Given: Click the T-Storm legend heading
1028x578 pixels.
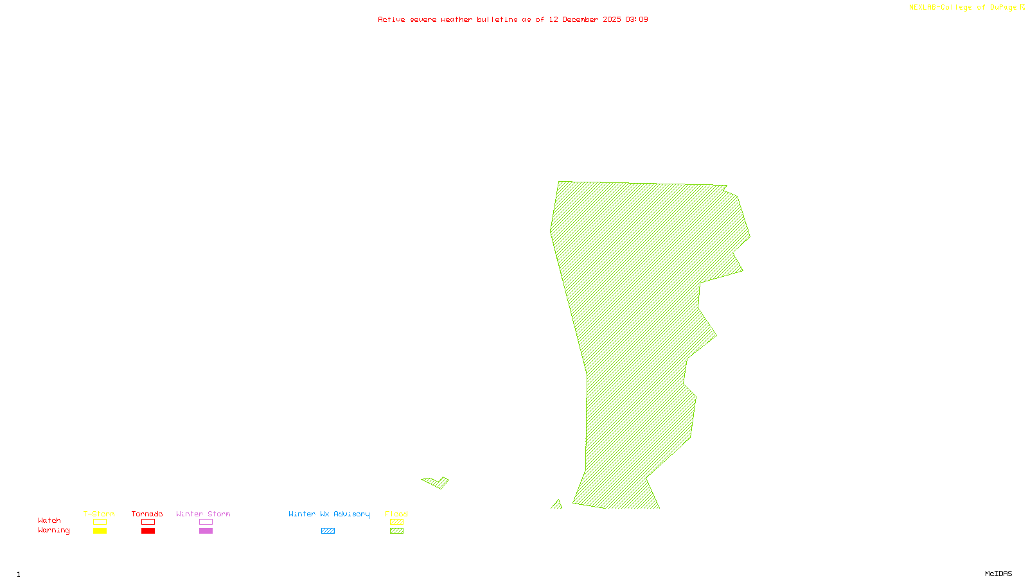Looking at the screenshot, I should (99, 514).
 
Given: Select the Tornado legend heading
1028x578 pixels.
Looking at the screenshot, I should (147, 514).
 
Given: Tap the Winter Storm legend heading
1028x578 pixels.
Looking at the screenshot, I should (203, 514).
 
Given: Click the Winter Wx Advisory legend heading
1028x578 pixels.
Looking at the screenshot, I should (329, 514).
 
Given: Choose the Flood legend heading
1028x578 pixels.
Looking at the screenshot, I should (396, 514).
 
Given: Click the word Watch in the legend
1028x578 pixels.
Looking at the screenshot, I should (49, 520).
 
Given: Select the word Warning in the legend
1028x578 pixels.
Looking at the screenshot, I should (54, 530).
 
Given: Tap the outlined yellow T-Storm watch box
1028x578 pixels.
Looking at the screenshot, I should (100, 522).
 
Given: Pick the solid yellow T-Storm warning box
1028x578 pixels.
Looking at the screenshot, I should (100, 531).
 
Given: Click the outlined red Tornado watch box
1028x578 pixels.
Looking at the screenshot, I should (148, 522).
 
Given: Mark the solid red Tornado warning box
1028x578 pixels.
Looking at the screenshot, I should (148, 531).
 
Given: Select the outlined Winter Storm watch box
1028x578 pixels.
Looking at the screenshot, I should (206, 522).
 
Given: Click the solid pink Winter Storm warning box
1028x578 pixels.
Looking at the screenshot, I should (206, 531).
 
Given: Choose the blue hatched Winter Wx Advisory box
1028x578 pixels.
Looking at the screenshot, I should (328, 531).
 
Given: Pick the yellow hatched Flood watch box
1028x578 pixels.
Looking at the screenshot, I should (397, 522).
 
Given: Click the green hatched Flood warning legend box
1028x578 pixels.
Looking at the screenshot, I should (397, 531).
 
